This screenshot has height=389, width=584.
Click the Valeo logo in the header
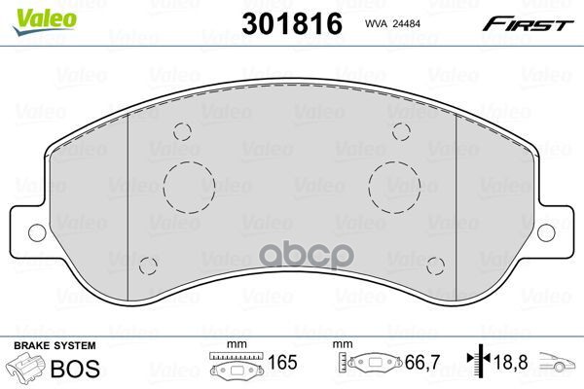pyautogui.click(x=45, y=21)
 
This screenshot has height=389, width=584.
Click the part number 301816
pyautogui.click(x=292, y=23)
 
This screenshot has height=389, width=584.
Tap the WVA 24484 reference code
pyautogui.click(x=392, y=23)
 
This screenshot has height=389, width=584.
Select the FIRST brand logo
pyautogui.click(x=528, y=24)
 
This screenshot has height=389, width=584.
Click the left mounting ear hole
pyautogui.click(x=37, y=232)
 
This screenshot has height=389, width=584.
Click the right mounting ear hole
pyautogui.click(x=546, y=232)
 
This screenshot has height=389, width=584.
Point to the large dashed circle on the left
pyautogui.click(x=164, y=188)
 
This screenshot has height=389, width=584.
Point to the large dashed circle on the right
pyautogui.click(x=369, y=188)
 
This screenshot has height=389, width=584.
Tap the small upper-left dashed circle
pyautogui.click(x=174, y=131)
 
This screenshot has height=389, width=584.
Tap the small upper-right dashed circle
pyautogui.click(x=392, y=131)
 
